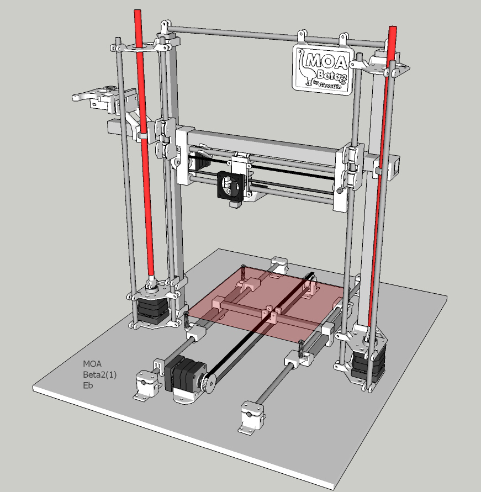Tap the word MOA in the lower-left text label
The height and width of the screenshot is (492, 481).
(x=92, y=364)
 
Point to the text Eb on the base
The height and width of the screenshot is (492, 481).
(x=88, y=385)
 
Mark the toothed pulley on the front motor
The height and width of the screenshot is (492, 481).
(x=208, y=381)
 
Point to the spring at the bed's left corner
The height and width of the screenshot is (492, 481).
(x=187, y=321)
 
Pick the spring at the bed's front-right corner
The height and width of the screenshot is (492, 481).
(x=300, y=349)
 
